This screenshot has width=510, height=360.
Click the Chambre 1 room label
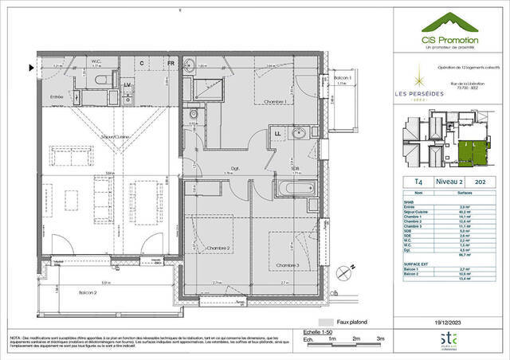275,101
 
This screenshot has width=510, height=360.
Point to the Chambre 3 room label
288,264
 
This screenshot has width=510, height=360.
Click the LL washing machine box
278,134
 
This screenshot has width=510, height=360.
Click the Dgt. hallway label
236,168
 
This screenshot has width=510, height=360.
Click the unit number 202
480,182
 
